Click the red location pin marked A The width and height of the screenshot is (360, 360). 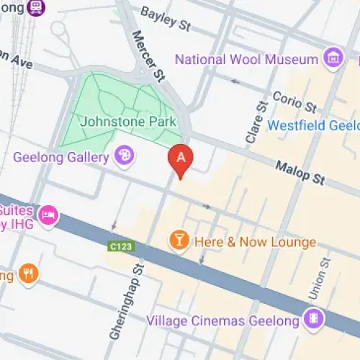pyautogui.click(x=181, y=160)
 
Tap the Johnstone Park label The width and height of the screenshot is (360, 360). pyautogui.click(x=129, y=122)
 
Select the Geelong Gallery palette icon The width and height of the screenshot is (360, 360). pyautogui.click(x=124, y=156)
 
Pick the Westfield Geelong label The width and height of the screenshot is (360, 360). pyautogui.click(x=313, y=125)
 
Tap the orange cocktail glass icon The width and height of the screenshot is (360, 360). pyautogui.click(x=176, y=240)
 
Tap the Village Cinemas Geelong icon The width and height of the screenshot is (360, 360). pyautogui.click(x=312, y=318)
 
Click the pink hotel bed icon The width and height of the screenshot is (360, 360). pyautogui.click(x=48, y=215)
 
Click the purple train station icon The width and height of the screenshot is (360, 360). pyautogui.click(x=35, y=7)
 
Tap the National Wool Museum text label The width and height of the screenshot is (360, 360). pyautogui.click(x=246, y=59)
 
